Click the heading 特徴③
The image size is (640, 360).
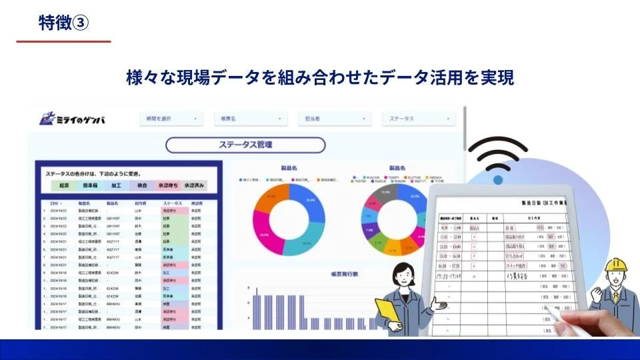(63, 22)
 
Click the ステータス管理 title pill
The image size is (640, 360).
(245, 145)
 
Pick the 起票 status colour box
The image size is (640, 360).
(64, 185)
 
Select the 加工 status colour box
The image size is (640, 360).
(116, 185)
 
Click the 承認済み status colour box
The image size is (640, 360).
(195, 185)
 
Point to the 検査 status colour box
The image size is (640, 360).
(142, 185)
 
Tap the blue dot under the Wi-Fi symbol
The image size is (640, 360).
(498, 180)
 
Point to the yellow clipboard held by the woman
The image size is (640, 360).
(387, 310)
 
